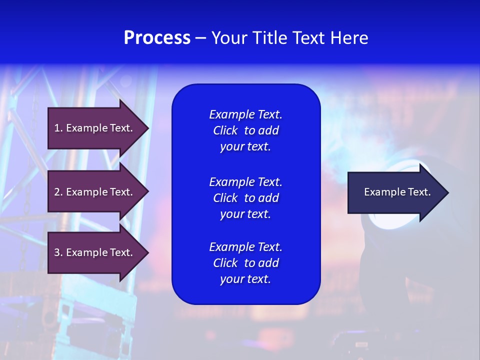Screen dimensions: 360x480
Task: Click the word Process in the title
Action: coord(157,38)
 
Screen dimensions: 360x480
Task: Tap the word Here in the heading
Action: coord(349,38)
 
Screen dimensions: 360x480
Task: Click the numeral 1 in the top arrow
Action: coord(57,128)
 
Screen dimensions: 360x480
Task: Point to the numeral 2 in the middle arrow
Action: coord(57,192)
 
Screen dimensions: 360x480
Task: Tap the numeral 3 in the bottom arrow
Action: coord(57,252)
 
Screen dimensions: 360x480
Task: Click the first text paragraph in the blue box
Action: coord(245,130)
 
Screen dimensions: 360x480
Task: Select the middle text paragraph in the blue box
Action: coord(245,198)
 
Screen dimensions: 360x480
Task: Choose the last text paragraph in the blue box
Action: coord(245,263)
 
